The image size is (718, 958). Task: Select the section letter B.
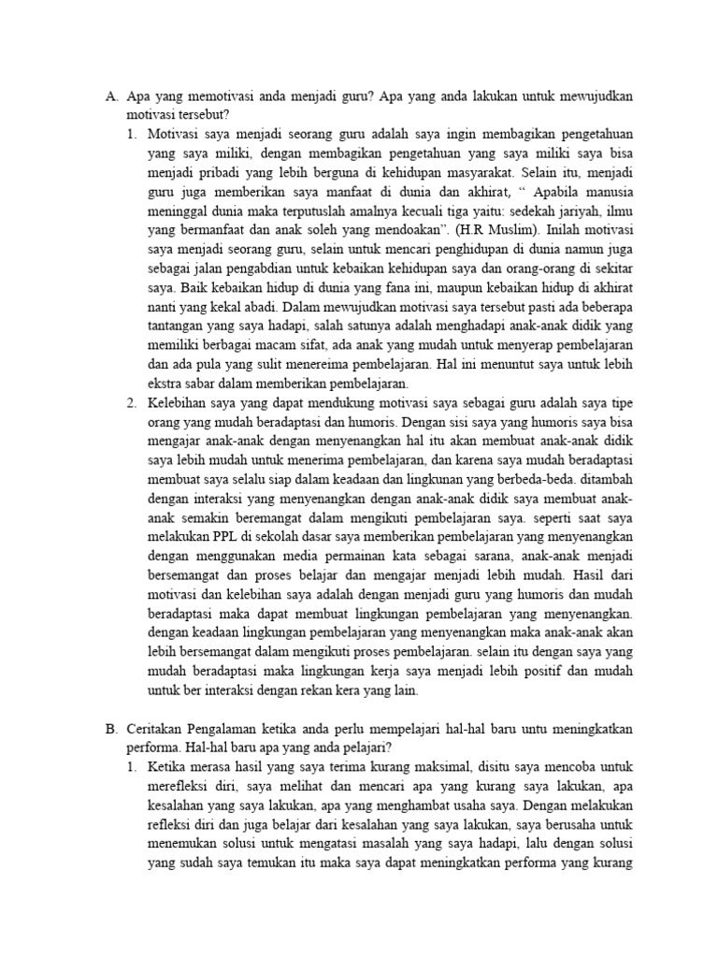pyautogui.click(x=109, y=729)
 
